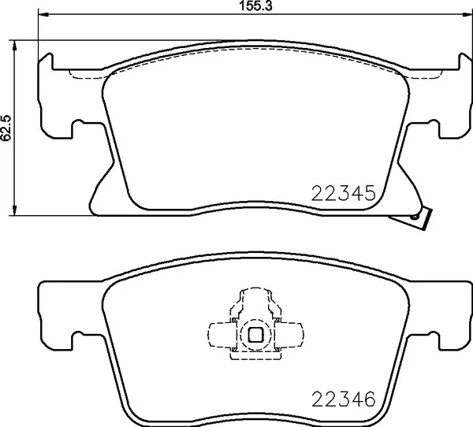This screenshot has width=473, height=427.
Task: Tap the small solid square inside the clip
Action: click(x=255, y=334)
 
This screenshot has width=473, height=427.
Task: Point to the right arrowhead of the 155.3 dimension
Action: click(x=459, y=15)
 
